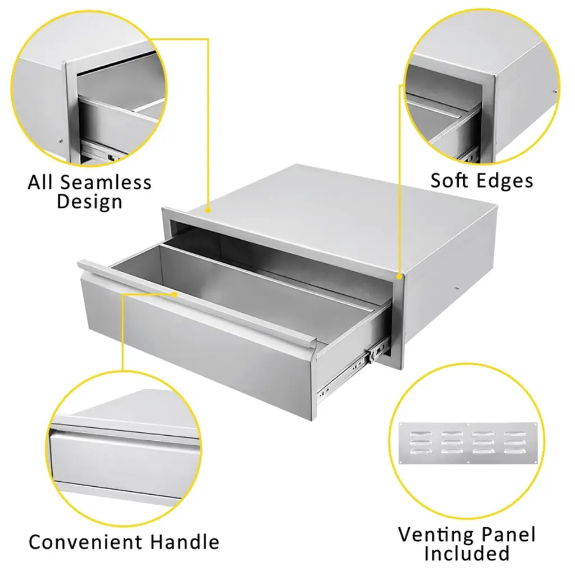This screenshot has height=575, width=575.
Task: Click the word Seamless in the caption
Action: coord(106,182)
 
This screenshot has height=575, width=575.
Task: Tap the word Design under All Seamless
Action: coord(89,202)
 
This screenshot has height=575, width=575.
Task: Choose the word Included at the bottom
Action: coord(467,553)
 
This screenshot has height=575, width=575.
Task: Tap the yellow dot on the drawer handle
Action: coord(175,294)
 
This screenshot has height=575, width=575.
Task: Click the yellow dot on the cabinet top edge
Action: coord(208,211)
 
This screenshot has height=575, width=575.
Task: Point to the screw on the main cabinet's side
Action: coord(457,288)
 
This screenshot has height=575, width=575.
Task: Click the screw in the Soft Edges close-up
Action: coord(555,92)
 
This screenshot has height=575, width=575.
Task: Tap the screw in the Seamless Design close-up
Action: coord(60,140)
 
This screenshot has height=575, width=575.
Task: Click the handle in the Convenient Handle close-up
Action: coord(125,434)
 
